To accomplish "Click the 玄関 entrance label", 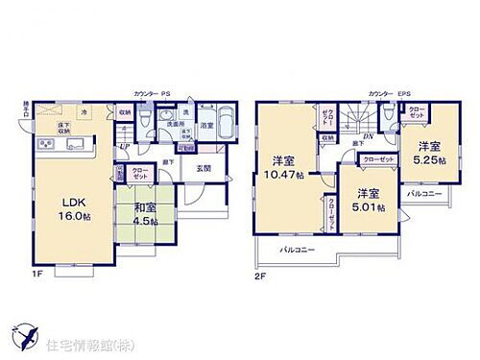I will coord(204,168).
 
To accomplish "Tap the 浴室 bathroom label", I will coord(207,126).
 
